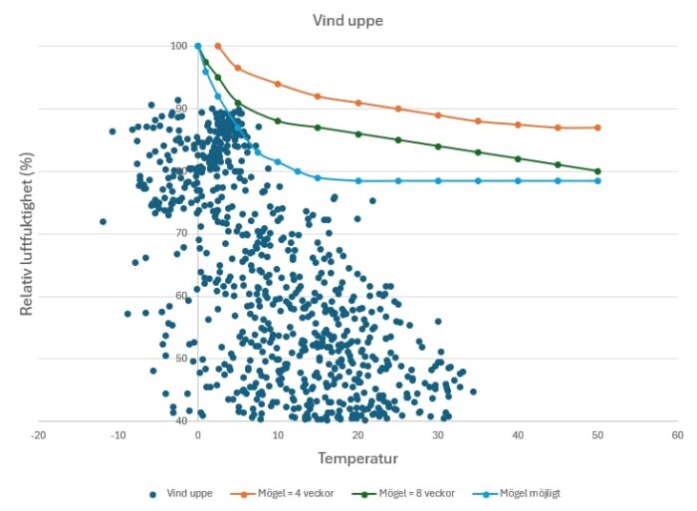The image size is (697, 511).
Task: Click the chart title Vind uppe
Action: tap(348, 20)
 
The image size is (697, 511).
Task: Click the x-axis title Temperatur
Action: tap(357, 458)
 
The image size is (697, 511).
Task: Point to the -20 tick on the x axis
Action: tap(38, 435)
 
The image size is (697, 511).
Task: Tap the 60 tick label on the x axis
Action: tap(677, 435)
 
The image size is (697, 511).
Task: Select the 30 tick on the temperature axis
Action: tap(438, 435)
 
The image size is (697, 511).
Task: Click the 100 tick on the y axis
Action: tap(178, 46)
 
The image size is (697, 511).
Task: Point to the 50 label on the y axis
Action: tap(181, 358)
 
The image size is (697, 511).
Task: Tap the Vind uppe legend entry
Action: tap(185, 493)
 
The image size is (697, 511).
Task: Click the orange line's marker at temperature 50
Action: tap(597, 128)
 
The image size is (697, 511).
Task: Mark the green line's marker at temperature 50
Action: tap(597, 171)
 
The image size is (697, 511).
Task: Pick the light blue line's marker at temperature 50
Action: tap(597, 180)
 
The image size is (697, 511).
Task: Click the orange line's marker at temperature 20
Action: tap(358, 103)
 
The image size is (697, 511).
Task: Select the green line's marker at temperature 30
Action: tap(438, 146)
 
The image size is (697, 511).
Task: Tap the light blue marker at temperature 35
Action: tap(478, 180)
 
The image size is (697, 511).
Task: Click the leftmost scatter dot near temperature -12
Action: tap(103, 221)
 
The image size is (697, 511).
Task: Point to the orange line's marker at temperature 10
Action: tap(278, 84)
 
